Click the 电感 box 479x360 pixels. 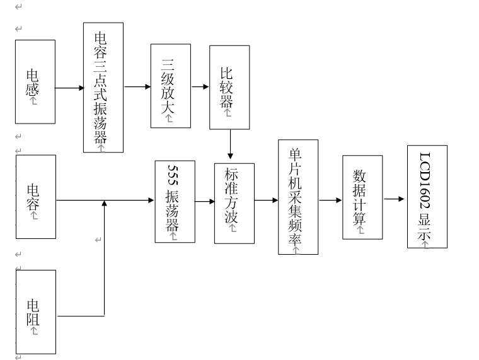(35, 81)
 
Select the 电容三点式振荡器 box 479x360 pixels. (103, 87)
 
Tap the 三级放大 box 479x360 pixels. (170, 86)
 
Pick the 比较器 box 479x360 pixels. (229, 88)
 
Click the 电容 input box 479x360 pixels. (36, 197)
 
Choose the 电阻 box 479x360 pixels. (36, 312)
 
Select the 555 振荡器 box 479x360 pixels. (175, 202)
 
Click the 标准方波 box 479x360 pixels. (234, 204)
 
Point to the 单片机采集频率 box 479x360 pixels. (298, 197)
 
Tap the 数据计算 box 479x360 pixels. (362, 197)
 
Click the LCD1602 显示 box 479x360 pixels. (427, 197)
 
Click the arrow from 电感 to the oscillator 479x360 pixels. (69, 88)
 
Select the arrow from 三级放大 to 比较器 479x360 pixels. (200, 87)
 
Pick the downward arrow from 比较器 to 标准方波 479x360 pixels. (230, 144)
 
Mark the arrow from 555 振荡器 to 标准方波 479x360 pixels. (205, 201)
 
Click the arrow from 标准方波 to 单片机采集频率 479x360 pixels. (266, 200)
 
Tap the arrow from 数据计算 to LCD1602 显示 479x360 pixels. (394, 199)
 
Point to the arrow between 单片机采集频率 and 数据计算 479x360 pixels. (330, 200)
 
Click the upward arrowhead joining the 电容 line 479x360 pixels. (104, 203)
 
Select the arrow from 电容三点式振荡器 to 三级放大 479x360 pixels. (138, 87)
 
